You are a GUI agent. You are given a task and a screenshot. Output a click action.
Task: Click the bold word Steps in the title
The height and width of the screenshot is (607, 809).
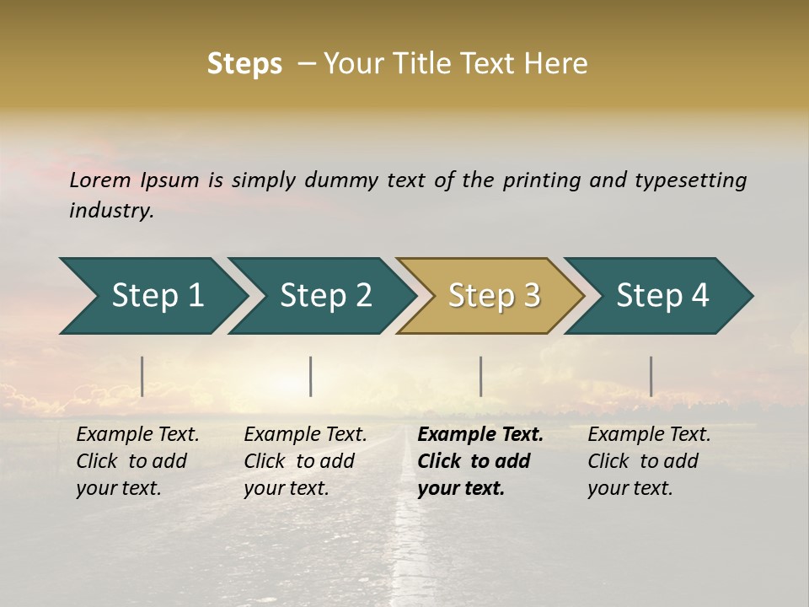pos(244,63)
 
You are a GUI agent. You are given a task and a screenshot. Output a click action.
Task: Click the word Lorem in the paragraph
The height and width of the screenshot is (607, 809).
pos(100,180)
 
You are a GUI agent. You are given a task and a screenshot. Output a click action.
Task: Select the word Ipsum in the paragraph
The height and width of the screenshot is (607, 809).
pos(170,180)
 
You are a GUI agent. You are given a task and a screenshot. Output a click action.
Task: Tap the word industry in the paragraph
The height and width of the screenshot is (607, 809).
pos(111,211)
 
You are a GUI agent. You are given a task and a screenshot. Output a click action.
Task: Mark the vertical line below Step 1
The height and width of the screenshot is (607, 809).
pos(142,376)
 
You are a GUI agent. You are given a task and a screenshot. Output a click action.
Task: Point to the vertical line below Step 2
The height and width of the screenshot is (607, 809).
pos(311,376)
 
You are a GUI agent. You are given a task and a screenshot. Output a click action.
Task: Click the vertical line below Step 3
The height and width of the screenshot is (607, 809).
pos(480,376)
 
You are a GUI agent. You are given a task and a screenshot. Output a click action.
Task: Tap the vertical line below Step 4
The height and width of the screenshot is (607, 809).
pos(651,376)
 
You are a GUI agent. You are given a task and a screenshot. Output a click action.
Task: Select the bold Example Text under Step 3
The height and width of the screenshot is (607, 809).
pos(480,435)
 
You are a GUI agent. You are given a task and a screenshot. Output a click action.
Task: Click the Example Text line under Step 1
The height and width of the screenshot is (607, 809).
pos(137,435)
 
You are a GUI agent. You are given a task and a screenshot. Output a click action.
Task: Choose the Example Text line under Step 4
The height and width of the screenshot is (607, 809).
pos(649,435)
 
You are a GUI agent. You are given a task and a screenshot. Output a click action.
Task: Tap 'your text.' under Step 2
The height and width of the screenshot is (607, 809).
pos(286,488)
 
